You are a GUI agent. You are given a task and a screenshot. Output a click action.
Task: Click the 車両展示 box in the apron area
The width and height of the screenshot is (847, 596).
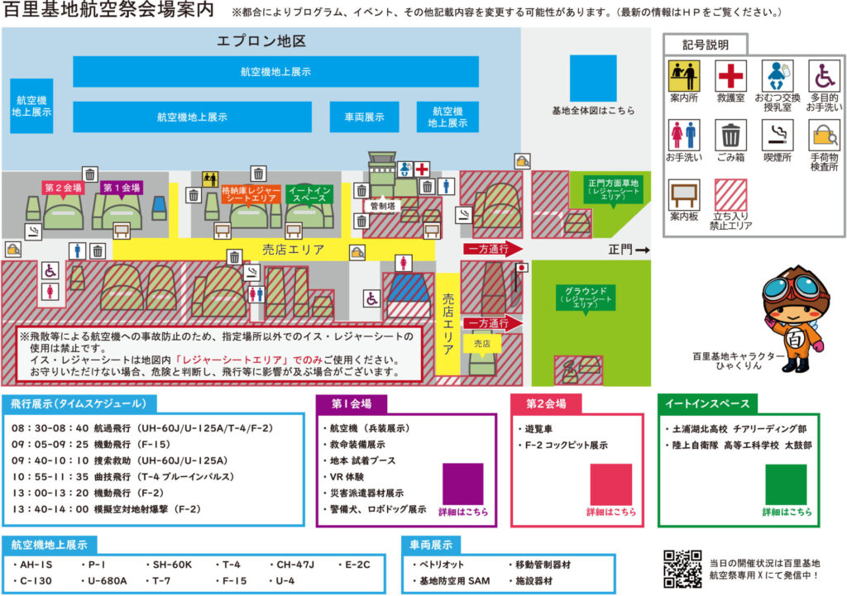tap(363, 117)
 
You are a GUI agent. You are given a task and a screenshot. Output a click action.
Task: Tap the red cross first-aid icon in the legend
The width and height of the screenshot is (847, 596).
tap(730, 76)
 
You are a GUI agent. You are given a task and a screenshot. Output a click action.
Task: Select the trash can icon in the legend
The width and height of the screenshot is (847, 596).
tap(730, 135)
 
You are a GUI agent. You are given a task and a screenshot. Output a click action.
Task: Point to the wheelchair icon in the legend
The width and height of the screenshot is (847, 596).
tap(823, 76)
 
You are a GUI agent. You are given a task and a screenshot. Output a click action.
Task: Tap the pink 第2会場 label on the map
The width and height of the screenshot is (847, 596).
tap(63, 188)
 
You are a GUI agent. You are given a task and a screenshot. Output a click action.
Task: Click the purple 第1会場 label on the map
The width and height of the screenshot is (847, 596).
tap(121, 188)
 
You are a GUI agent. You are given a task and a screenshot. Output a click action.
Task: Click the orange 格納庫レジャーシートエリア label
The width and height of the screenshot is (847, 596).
tap(251, 195)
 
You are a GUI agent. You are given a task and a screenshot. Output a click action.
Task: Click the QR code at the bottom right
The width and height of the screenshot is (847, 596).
tap(683, 569)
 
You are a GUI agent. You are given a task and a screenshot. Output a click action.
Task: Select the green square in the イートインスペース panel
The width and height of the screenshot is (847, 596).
tap(785, 484)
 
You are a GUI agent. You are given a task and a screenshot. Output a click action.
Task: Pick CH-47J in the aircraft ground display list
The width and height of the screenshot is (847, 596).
tap(295, 565)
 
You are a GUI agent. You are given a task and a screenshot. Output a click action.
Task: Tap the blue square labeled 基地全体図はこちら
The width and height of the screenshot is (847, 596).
tap(593, 79)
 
